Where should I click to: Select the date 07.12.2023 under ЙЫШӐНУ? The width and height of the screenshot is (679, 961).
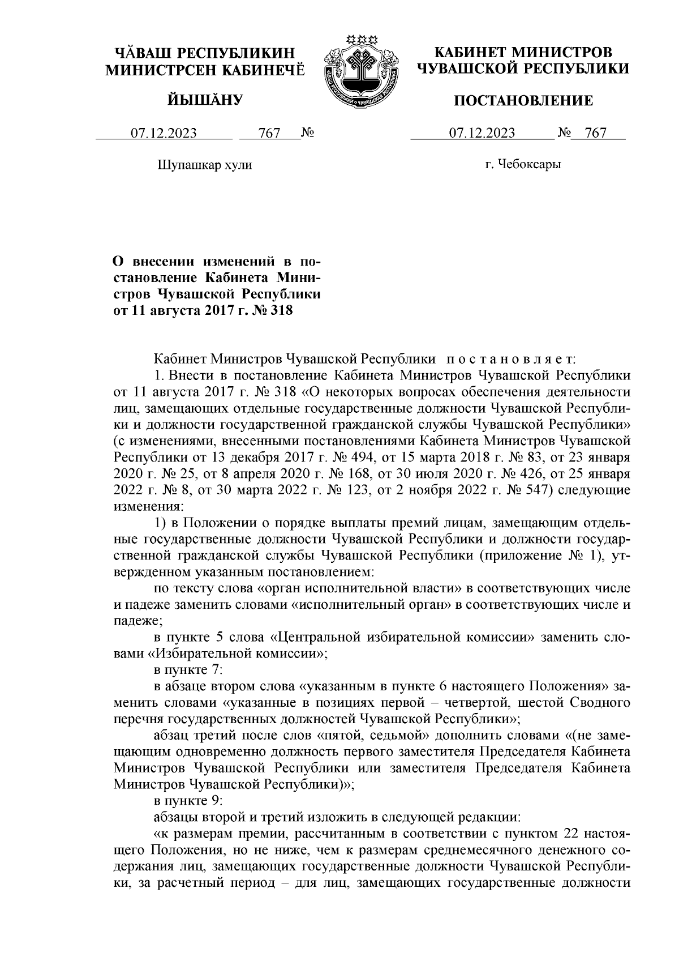[164, 133]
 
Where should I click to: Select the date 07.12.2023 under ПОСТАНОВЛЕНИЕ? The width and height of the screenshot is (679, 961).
[482, 133]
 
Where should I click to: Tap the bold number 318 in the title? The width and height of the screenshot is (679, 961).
[281, 310]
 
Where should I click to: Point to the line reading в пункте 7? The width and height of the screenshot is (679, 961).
[188, 670]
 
